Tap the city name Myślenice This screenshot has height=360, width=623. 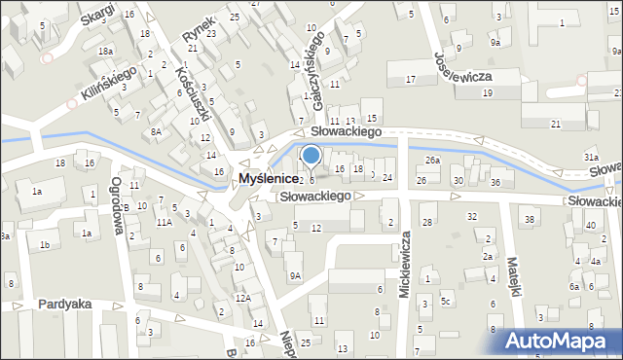point(272,179)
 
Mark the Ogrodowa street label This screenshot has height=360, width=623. point(121,205)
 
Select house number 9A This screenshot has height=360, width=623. point(295,275)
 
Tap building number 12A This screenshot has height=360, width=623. point(242,298)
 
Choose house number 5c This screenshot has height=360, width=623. point(445,302)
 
